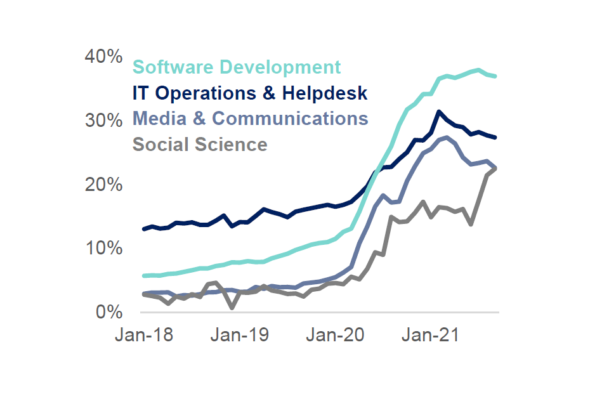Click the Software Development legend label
point(237,67)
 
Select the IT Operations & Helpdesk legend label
point(250,93)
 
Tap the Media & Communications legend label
point(250,119)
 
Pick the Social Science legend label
point(200,145)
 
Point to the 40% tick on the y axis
point(103,56)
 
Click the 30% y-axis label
point(103,121)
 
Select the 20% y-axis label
point(103,185)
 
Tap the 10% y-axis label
point(103,248)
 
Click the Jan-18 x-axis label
point(143,336)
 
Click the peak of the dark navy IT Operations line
point(438,112)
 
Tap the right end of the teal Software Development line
point(495,76)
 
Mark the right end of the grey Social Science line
point(495,168)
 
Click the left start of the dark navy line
point(145,229)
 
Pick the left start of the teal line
point(145,276)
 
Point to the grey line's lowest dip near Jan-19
point(233,308)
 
